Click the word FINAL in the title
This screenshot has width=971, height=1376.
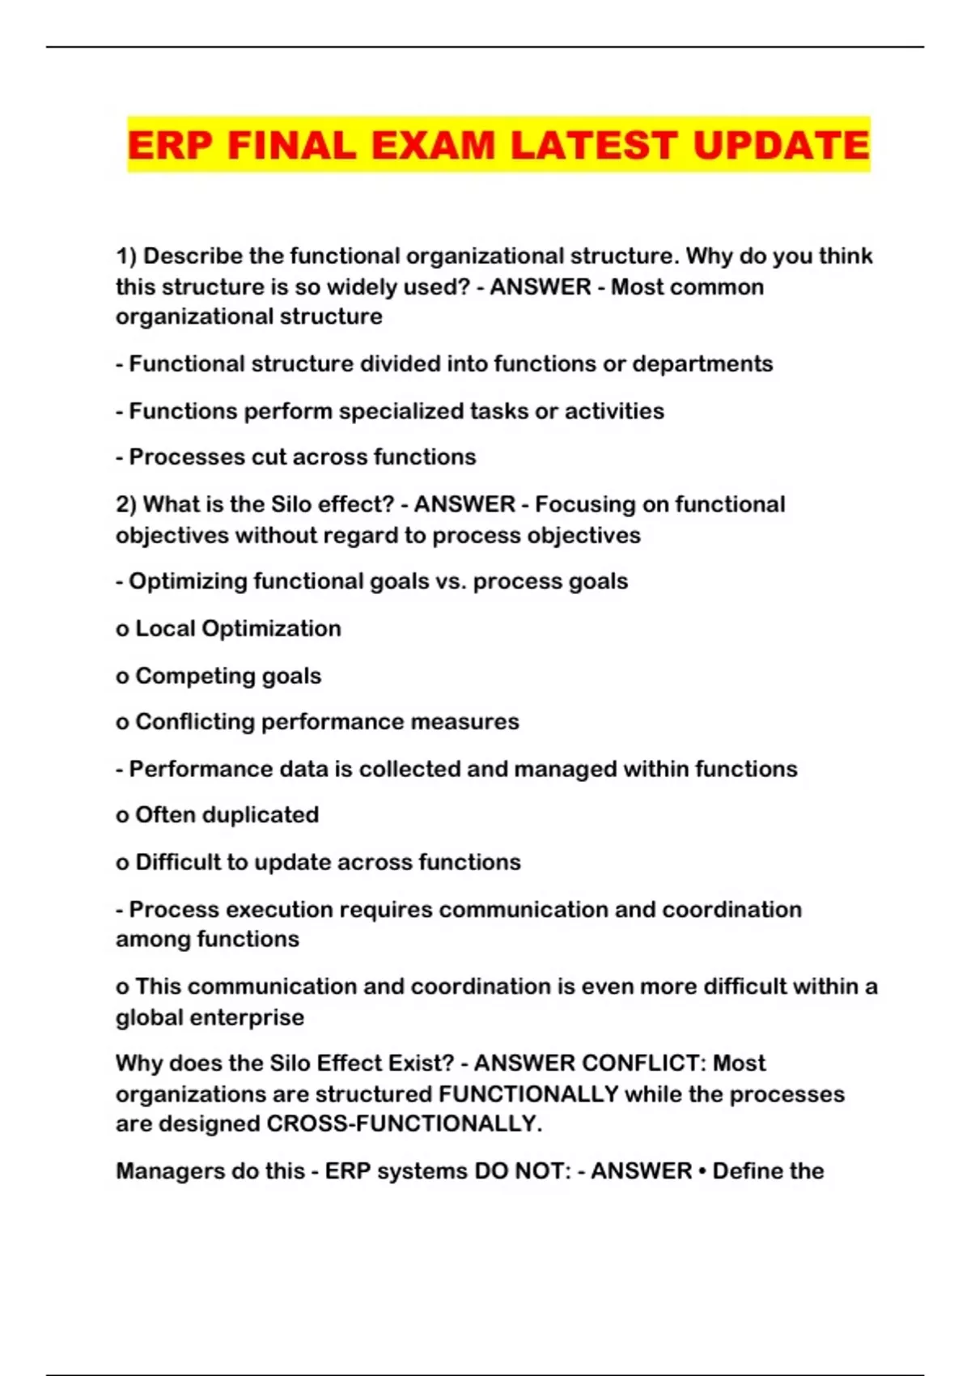coord(292,146)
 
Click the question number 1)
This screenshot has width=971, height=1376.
coord(127,257)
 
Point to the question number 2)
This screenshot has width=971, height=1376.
coord(127,505)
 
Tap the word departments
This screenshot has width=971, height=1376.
coord(702,364)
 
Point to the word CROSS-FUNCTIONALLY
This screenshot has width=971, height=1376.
coord(405,1124)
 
